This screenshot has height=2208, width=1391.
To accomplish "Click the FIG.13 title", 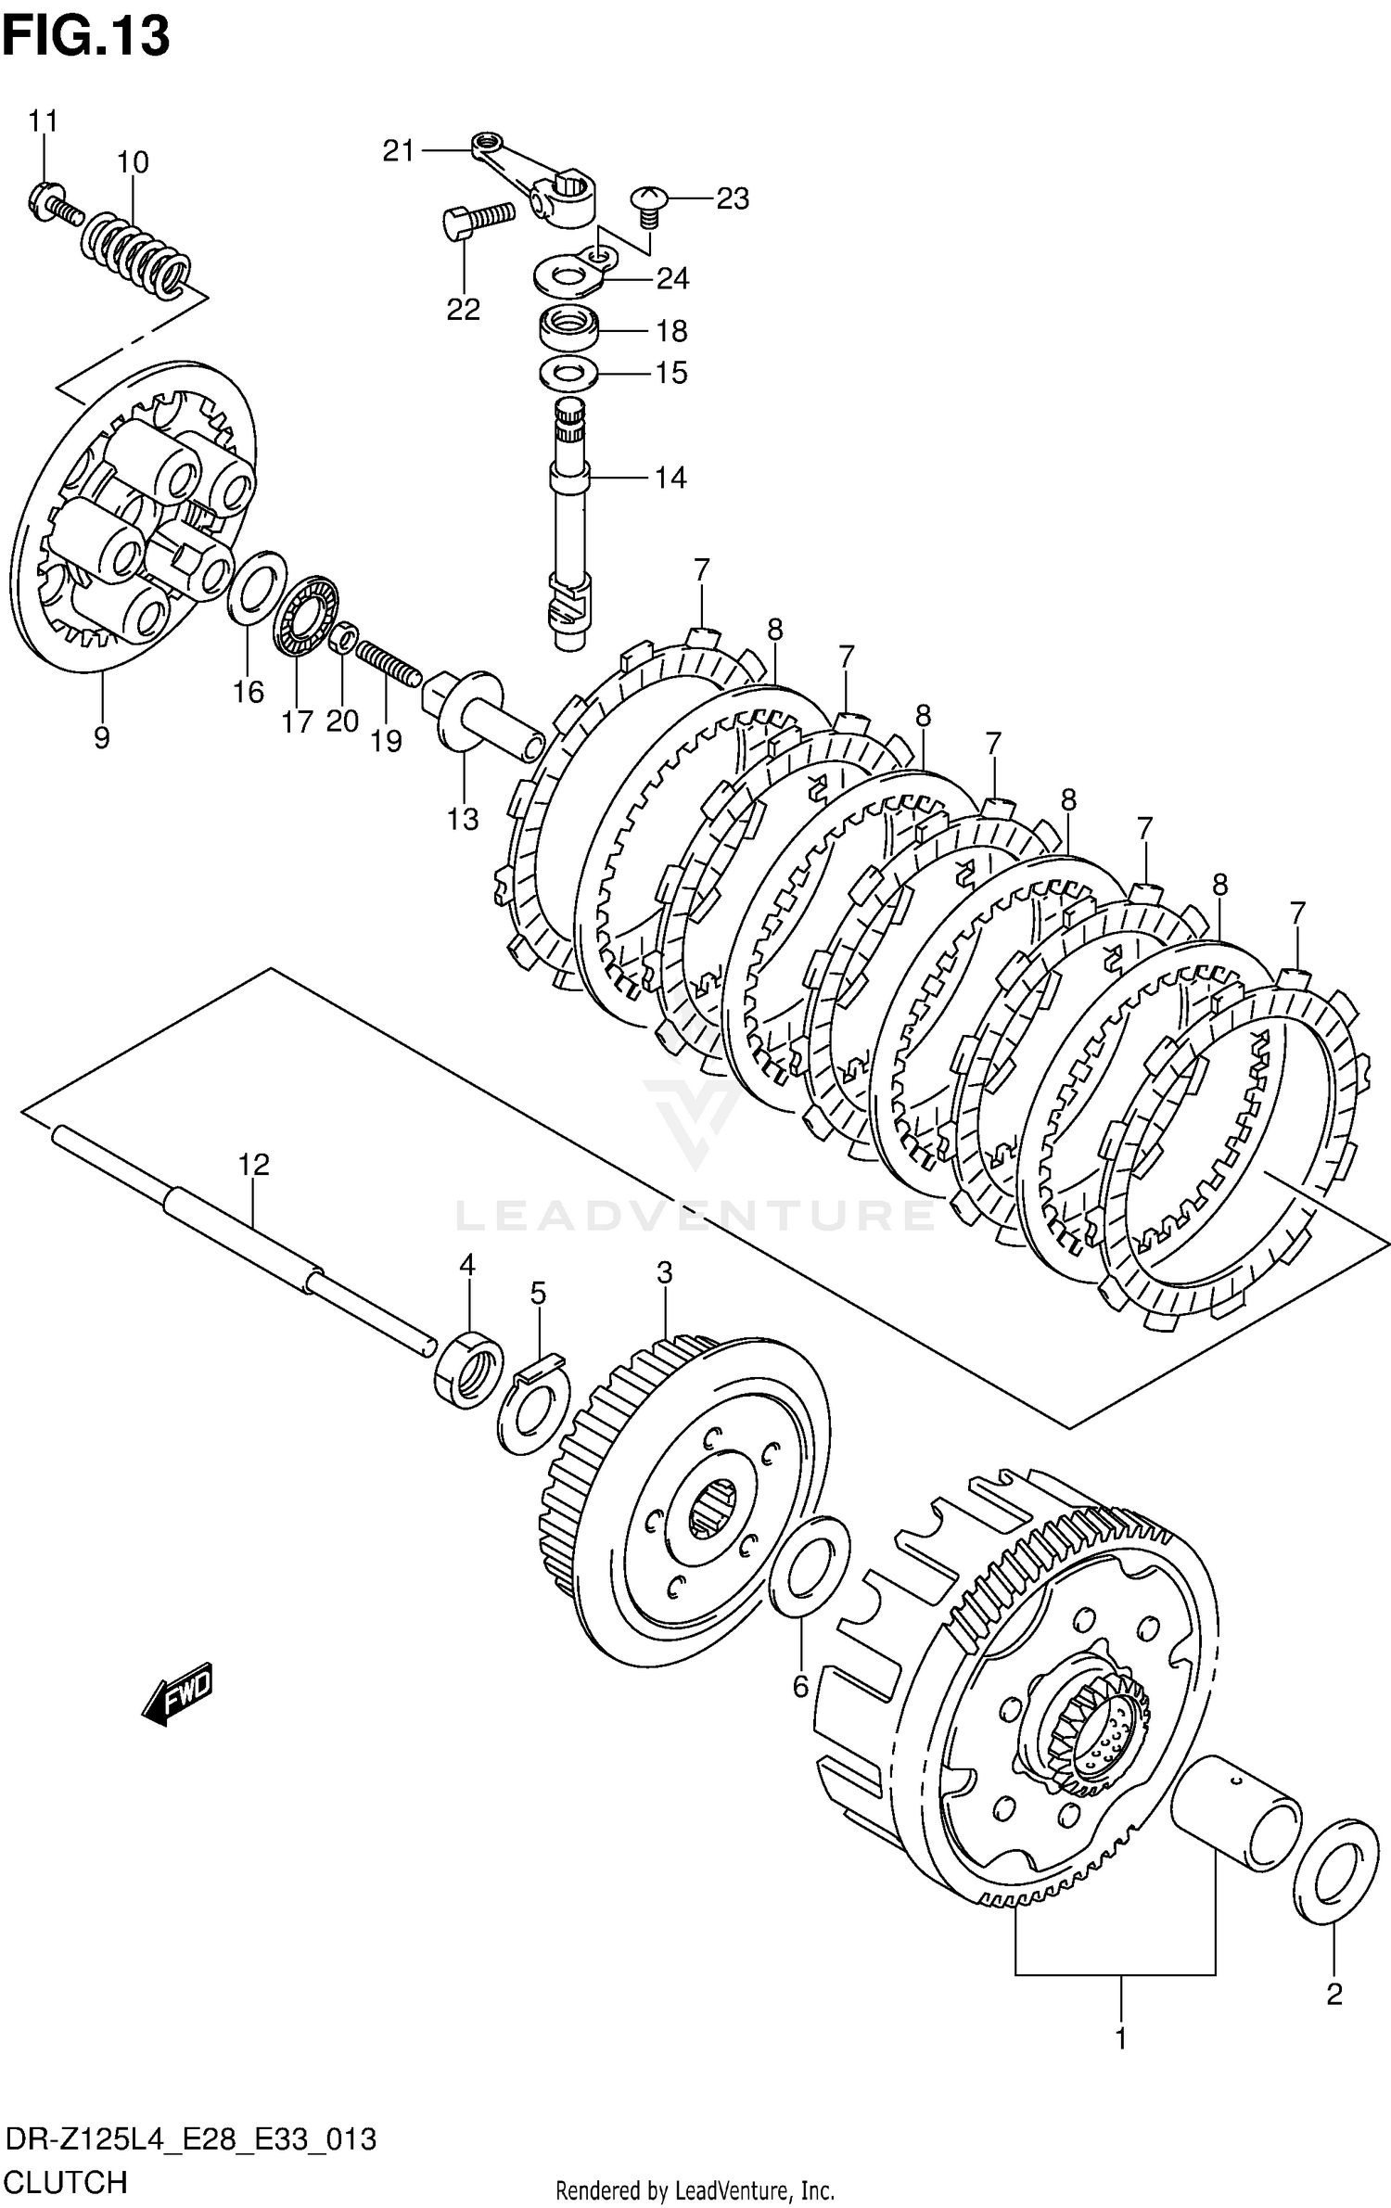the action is pyautogui.click(x=86, y=36).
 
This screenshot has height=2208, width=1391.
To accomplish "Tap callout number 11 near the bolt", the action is pyautogui.click(x=43, y=121).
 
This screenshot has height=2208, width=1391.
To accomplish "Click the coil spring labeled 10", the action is pyautogui.click(x=138, y=250).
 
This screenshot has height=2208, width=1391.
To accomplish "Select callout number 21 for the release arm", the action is pyautogui.click(x=399, y=150).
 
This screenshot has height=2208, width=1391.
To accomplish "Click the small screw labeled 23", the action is pyautogui.click(x=648, y=206).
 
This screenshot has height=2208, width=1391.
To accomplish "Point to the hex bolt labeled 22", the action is pyautogui.click(x=477, y=221).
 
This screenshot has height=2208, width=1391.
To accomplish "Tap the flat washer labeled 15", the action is pyautogui.click(x=568, y=374).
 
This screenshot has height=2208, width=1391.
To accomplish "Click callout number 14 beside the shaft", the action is pyautogui.click(x=670, y=478).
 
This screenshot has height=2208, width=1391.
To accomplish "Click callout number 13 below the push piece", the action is pyautogui.click(x=463, y=819).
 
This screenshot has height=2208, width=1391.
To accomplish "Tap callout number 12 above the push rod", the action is pyautogui.click(x=253, y=1164).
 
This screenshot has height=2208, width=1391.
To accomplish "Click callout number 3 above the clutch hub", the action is pyautogui.click(x=664, y=1273).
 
